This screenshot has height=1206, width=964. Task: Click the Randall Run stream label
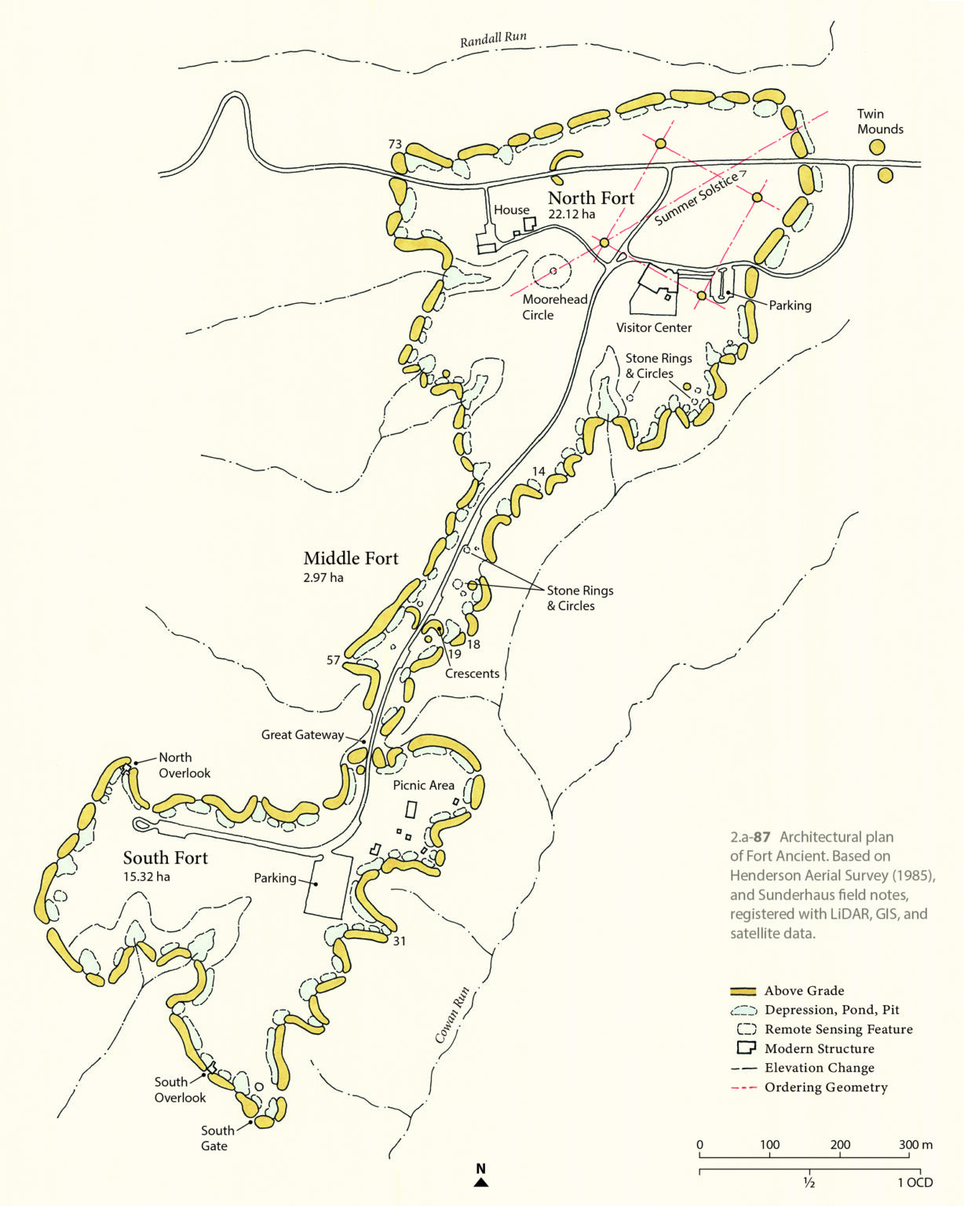pos(493,39)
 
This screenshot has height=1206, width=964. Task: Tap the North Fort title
pos(590,198)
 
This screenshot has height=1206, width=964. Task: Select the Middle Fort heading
pos(351,558)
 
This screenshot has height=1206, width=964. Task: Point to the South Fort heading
pos(165,857)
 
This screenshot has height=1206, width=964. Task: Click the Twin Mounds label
pos(880,122)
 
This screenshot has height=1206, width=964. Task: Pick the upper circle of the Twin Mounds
pos(877,147)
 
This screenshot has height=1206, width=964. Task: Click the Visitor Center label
pos(654,327)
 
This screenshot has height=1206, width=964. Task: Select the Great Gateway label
pos(302,735)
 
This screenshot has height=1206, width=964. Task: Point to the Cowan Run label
pos(452,1015)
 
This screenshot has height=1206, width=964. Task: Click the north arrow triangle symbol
pos(481,1182)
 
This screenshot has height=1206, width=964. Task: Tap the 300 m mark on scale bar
pos(915,1145)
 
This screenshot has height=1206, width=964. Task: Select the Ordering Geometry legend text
pos(826,1087)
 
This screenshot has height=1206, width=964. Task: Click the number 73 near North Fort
pos(395,144)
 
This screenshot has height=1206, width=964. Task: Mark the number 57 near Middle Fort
pos(334,660)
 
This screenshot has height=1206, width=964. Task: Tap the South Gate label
pos(217,1138)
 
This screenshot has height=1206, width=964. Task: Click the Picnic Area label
pos(423,785)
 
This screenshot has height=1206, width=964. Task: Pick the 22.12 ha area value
pos(571,214)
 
